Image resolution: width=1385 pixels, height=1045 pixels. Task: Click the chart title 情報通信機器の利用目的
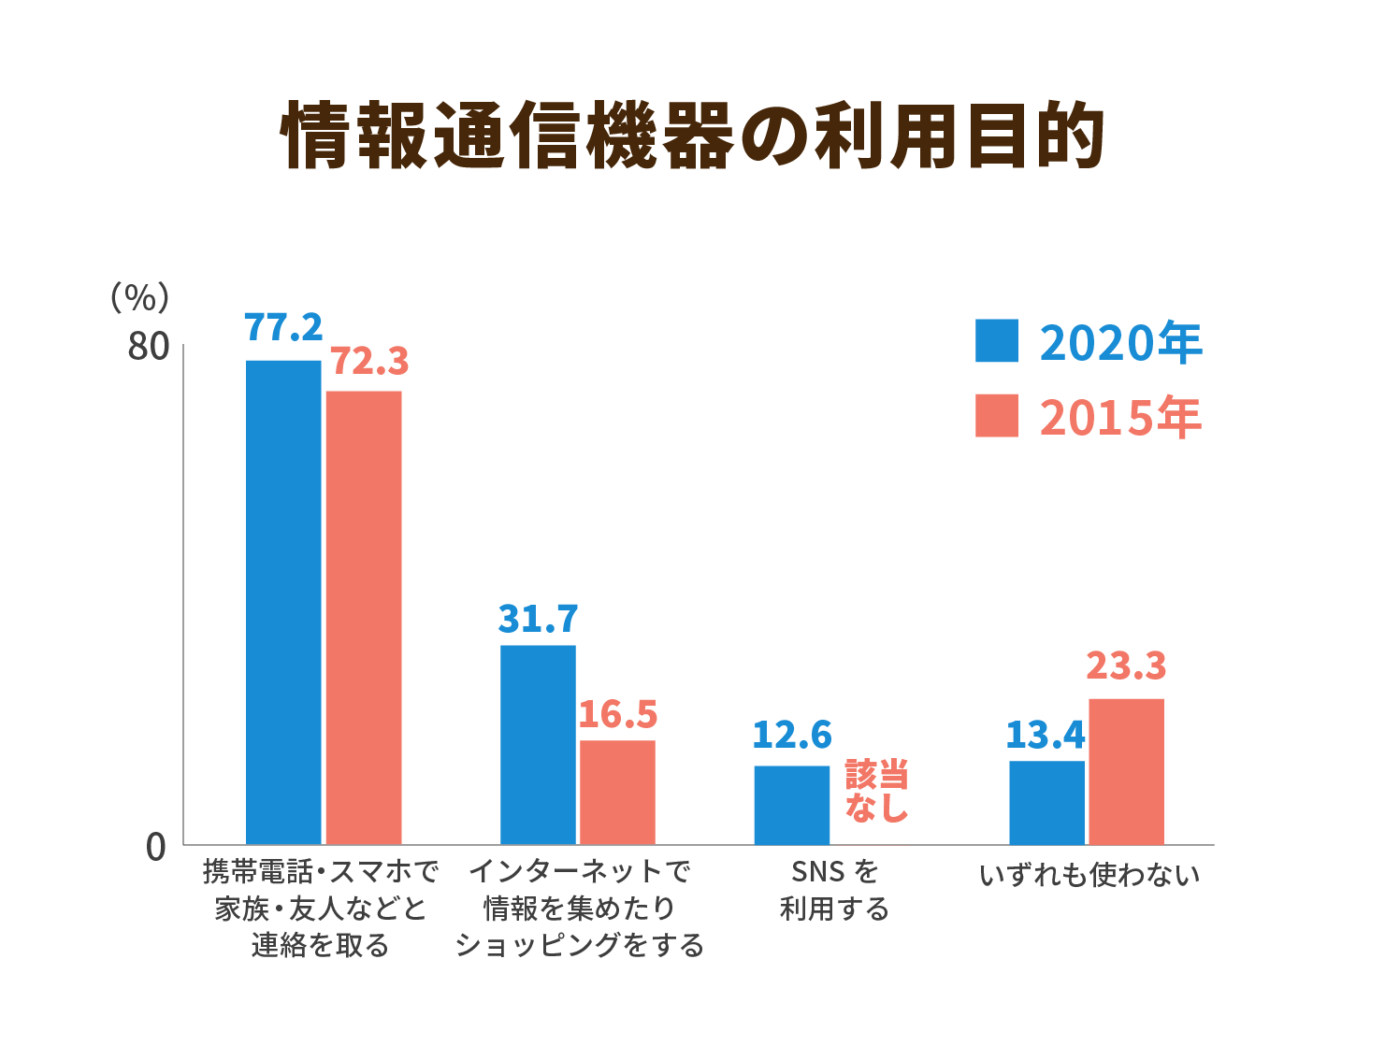[x=692, y=136]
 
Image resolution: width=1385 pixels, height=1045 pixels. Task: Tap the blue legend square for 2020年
[x=996, y=341]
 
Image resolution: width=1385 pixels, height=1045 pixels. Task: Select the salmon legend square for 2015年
[x=996, y=416]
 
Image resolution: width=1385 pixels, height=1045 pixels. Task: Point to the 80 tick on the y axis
[x=148, y=347]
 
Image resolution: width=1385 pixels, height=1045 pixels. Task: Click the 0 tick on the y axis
[x=156, y=847]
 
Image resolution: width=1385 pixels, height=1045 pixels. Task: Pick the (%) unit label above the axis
[x=139, y=297]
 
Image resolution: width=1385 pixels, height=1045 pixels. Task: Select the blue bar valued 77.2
[x=283, y=602]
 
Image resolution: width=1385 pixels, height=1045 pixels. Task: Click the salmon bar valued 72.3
[x=364, y=617]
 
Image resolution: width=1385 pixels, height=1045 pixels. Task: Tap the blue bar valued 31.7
[x=538, y=744]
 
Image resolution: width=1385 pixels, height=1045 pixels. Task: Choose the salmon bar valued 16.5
[x=617, y=792]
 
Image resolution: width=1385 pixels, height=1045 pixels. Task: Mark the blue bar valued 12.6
[x=792, y=805]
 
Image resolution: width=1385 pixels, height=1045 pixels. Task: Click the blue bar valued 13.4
[x=1046, y=802]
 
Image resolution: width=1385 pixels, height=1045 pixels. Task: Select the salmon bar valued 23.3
[x=1126, y=771]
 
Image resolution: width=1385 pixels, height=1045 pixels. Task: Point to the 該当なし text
[x=876, y=791]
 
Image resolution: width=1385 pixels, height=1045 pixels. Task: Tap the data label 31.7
[x=538, y=620]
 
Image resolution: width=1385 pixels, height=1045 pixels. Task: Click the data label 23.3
[x=1126, y=666]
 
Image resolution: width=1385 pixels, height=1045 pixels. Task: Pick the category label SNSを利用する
[x=834, y=890]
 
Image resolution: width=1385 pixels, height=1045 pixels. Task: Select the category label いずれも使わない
[x=1089, y=875]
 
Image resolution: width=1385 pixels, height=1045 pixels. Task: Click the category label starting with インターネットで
[x=579, y=908]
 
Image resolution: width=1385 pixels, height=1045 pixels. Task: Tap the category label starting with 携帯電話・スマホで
[x=321, y=908]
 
